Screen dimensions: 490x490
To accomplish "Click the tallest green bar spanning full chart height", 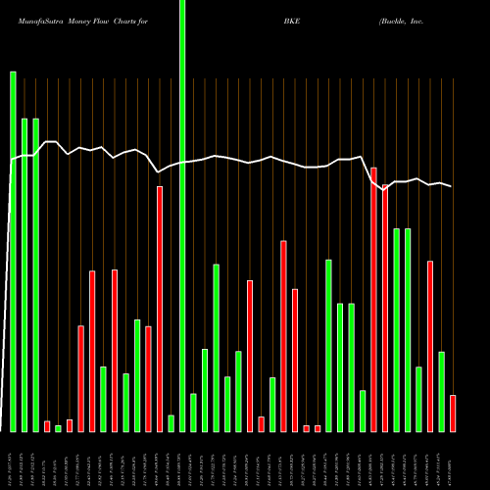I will point(182,216).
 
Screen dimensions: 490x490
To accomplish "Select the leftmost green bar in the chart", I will point(13,251).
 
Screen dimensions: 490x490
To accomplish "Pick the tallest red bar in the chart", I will point(373,299).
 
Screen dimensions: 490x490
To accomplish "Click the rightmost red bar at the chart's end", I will point(453,413).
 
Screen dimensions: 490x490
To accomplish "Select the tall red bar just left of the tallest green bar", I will point(160,309).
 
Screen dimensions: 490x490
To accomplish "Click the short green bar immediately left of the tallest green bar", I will point(171,423).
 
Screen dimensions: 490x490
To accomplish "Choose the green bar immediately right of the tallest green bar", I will point(194,412).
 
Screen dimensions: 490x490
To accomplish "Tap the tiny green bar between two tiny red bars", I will point(58,428).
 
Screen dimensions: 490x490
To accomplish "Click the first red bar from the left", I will point(47,426).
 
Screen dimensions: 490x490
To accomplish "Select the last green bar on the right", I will point(441,391).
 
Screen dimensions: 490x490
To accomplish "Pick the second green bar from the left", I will point(24,274).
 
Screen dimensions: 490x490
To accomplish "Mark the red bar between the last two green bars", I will point(430,346).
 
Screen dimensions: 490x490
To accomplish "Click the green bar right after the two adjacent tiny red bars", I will point(328,345).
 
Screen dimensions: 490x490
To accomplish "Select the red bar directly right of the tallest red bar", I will point(385,308).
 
